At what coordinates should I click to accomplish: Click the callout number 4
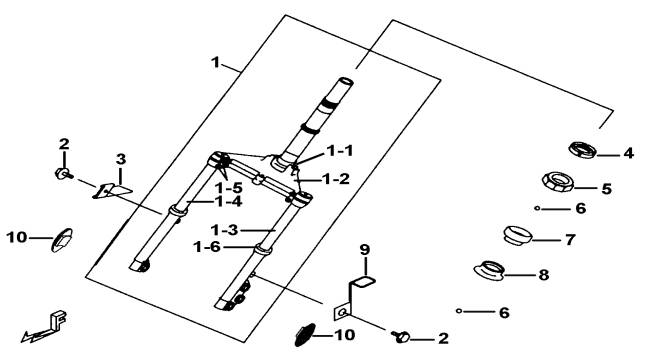(x=628, y=153)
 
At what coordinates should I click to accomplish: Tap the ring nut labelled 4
(x=583, y=150)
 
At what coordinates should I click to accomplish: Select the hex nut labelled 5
(x=559, y=182)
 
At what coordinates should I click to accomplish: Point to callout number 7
(x=570, y=239)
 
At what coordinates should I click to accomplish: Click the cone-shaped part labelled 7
(x=517, y=235)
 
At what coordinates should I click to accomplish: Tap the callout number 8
(x=544, y=275)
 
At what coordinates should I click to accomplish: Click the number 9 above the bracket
(x=365, y=250)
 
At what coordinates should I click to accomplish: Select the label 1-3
(x=224, y=230)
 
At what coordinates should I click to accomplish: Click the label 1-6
(x=207, y=246)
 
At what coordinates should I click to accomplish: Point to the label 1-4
(x=228, y=201)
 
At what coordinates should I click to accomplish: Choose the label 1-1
(x=340, y=150)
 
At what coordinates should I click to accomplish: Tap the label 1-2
(x=336, y=179)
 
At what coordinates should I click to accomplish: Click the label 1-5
(x=228, y=187)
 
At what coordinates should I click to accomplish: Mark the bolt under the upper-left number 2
(x=64, y=173)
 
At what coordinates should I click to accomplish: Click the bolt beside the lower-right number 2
(x=401, y=336)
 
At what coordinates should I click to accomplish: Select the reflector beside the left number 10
(x=62, y=240)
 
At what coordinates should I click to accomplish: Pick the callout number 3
(x=121, y=160)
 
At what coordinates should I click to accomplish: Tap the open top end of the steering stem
(x=345, y=81)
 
